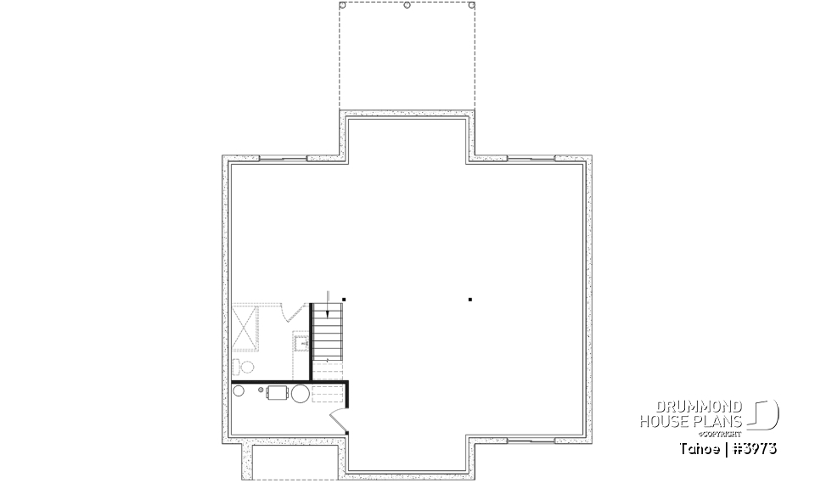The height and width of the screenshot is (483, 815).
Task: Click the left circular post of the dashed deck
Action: pos(342,5)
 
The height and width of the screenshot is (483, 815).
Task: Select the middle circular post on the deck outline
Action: pos(407,5)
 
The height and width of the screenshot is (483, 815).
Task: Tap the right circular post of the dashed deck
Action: pos(470,5)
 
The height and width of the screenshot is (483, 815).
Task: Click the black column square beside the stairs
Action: pos(344,299)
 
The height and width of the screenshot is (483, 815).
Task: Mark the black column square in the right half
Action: pos(470,299)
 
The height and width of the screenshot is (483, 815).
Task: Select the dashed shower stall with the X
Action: pos(245,326)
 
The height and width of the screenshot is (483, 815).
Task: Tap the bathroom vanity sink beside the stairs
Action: pos(300,344)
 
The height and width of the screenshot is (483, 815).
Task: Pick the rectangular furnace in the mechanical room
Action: pos(278,393)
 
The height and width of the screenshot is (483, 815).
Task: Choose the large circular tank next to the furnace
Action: pos(301,393)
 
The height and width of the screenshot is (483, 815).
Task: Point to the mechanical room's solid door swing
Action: pos(337,419)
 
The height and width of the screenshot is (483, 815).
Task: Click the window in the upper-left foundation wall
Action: pos(283,158)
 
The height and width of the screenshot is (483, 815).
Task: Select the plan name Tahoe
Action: pos(696,446)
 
